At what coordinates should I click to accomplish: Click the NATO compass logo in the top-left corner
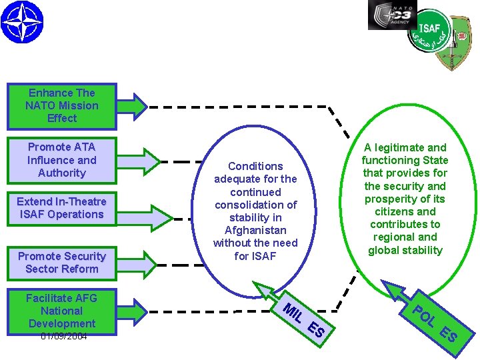(21, 21)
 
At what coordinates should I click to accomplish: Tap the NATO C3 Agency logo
(392, 15)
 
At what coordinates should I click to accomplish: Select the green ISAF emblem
(440, 39)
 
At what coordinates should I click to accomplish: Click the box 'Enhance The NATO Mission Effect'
(61, 106)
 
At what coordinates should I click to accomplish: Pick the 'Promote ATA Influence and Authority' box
(61, 160)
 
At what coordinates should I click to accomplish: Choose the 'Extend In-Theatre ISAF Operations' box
(61, 208)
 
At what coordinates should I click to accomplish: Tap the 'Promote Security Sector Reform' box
(61, 263)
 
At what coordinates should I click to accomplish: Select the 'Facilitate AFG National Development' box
(61, 311)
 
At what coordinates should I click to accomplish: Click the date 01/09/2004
(63, 337)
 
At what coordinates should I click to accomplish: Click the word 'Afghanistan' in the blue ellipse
(255, 230)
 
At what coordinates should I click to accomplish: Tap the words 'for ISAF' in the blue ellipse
(255, 256)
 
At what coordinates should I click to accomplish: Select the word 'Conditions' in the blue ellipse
(255, 166)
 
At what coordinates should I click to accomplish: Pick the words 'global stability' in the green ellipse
(405, 250)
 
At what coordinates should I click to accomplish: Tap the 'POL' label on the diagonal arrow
(424, 315)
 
